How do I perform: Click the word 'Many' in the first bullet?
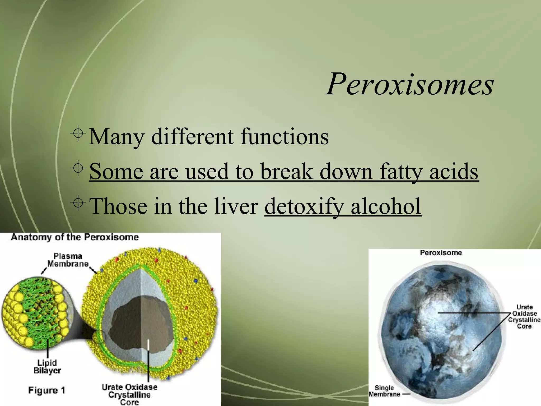tap(116, 137)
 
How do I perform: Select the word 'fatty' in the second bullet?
tap(401, 172)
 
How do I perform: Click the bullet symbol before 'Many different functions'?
tap(78, 134)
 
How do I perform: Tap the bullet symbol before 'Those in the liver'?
tap(78, 203)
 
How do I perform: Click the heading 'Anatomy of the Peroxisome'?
tap(75, 237)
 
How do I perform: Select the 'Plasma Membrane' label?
tap(68, 260)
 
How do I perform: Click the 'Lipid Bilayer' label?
tap(47, 367)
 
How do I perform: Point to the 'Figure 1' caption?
tap(46, 390)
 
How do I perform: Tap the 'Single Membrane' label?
tap(384, 391)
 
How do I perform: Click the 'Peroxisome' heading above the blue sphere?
tap(441, 253)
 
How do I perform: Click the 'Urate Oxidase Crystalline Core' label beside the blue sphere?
tap(524, 317)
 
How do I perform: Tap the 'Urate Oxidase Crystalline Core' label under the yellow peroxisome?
tap(129, 395)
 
